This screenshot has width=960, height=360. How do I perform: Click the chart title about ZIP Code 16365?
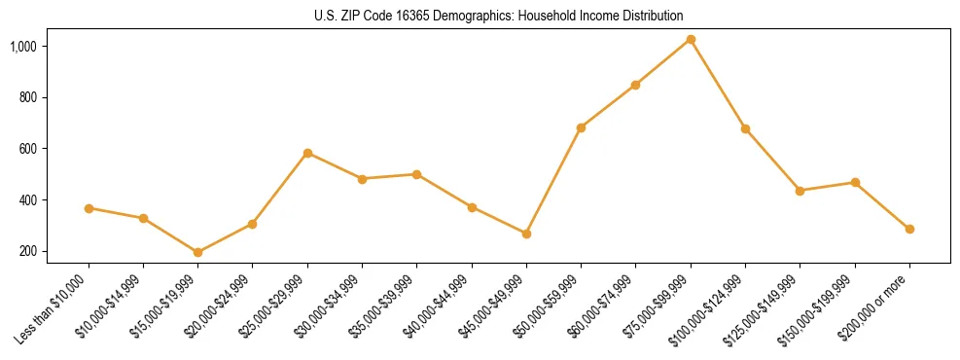pyautogui.click(x=499, y=16)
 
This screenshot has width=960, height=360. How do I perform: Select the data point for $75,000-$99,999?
pyautogui.click(x=691, y=40)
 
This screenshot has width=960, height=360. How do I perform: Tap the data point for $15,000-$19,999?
pyautogui.click(x=198, y=252)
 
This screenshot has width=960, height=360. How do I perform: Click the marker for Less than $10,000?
pyautogui.click(x=89, y=208)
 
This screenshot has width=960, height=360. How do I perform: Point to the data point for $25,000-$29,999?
pyautogui.click(x=307, y=153)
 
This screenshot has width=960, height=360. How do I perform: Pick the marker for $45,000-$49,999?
pyautogui.click(x=526, y=234)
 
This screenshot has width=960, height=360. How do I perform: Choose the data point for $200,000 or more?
pyautogui.click(x=909, y=229)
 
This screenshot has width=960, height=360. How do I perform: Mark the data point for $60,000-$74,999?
pyautogui.click(x=636, y=85)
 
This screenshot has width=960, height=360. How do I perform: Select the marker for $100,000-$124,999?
pyautogui.click(x=745, y=128)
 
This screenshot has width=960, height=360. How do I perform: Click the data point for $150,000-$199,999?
pyautogui.click(x=855, y=182)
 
